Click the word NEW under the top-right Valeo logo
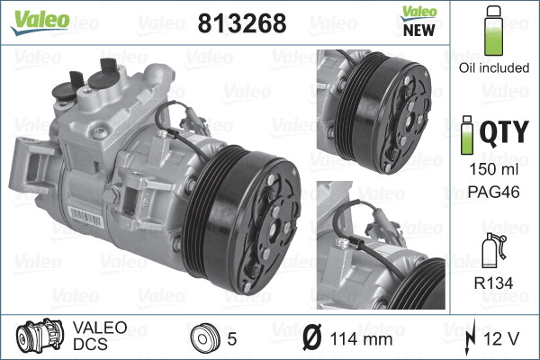click(x=413, y=29)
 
